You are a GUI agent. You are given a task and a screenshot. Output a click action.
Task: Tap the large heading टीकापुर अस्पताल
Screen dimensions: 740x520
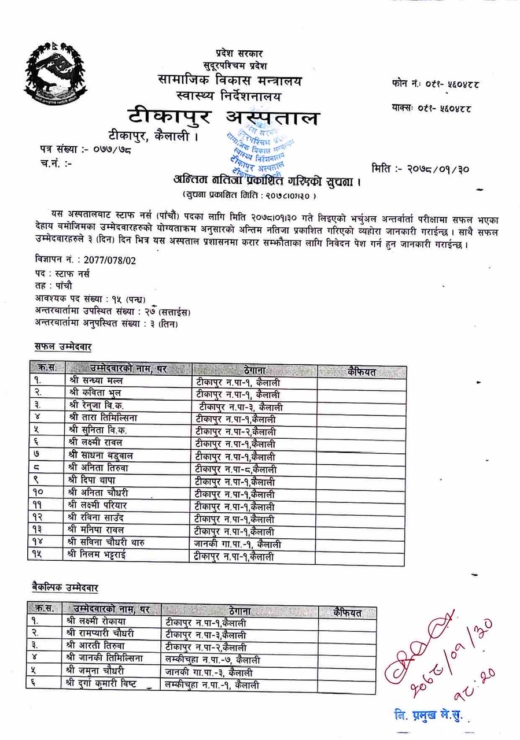(x=223, y=117)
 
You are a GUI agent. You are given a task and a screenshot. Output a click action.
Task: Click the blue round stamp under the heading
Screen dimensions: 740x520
(x=258, y=153)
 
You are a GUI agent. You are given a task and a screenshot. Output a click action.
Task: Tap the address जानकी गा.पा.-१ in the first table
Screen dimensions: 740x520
(x=238, y=544)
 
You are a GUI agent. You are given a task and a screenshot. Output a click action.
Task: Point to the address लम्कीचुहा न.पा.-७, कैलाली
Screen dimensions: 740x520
(x=212, y=660)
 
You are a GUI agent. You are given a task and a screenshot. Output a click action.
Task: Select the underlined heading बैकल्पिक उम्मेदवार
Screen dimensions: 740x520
(x=65, y=587)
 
